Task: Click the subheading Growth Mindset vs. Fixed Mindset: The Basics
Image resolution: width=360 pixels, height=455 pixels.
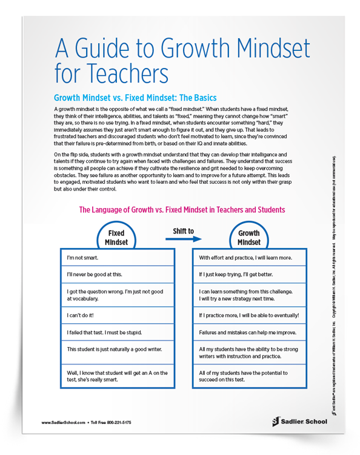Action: pyautogui.click(x=135, y=98)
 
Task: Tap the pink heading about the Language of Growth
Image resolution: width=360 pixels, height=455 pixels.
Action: pyautogui.click(x=182, y=210)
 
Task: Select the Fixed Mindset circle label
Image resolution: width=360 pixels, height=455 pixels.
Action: pyautogui.click(x=116, y=237)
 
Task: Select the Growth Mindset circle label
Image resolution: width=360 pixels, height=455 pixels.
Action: pyautogui.click(x=248, y=237)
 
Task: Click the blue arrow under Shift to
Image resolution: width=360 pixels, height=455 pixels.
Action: pyautogui.click(x=183, y=239)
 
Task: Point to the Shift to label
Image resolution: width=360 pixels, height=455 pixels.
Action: pyautogui.click(x=183, y=231)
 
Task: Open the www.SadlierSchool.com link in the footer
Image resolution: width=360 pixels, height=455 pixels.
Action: pyautogui.click(x=63, y=421)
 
